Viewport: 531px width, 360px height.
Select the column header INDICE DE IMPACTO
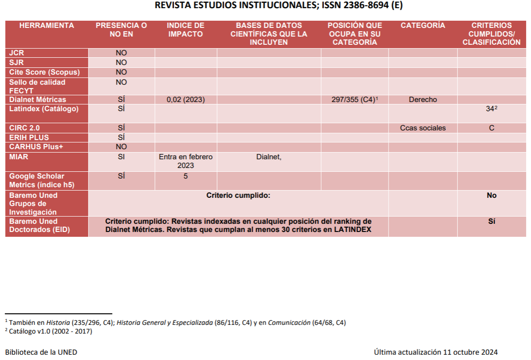coord(185,29)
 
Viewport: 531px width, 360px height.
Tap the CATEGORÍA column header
coord(423,25)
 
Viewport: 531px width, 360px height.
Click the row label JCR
coord(16,53)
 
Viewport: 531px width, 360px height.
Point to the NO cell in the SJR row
coord(121,63)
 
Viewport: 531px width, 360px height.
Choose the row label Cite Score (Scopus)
coord(44,72)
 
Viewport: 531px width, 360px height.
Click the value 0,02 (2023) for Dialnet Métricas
coord(185,100)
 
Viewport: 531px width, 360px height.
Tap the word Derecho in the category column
coord(423,100)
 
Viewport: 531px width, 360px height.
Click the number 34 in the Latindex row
coord(490,109)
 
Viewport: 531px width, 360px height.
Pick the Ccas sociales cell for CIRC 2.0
coord(423,128)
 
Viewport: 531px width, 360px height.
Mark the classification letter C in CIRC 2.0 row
coord(492,128)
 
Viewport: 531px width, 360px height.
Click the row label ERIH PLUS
coord(29,138)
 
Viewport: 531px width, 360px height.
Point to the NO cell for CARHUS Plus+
coord(121,147)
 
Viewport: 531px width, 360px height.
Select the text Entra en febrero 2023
coord(185,161)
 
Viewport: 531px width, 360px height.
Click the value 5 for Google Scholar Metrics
coord(185,176)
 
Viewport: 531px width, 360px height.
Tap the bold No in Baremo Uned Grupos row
coord(492,195)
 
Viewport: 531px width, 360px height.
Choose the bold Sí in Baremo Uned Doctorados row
coord(492,221)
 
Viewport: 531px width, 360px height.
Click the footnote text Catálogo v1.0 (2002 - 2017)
coord(50,331)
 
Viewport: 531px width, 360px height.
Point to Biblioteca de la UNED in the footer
coord(41,352)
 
